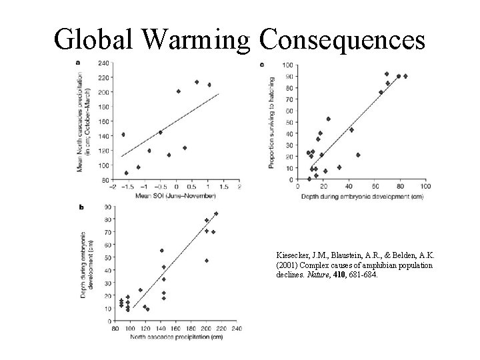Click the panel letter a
79,62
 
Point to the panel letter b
81,207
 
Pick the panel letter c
261,64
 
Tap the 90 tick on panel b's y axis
107,206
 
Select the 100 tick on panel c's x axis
425,187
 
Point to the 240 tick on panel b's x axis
237,329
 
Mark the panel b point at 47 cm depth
207,261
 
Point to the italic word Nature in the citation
317,275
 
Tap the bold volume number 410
339,275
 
